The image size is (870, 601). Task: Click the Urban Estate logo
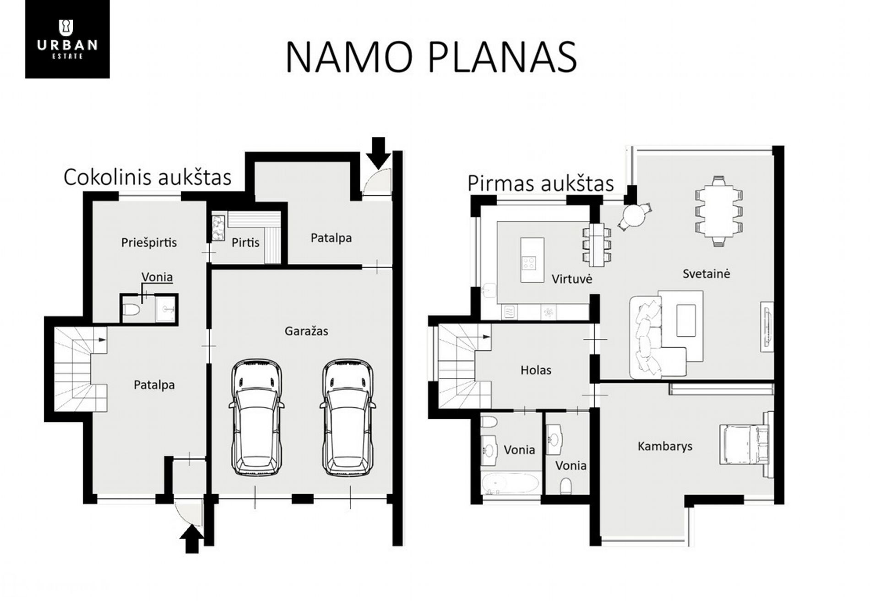[67, 39]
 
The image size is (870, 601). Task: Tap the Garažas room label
[306, 331]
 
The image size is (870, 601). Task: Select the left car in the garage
[256, 417]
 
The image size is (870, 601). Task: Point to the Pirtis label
[245, 242]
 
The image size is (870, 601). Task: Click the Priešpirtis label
[149, 242]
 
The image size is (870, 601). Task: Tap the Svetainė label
[706, 274]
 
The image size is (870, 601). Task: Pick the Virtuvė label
[572, 279]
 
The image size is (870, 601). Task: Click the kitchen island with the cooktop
[532, 260]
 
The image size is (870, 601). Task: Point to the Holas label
[536, 370]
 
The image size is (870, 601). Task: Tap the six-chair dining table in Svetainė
[718, 211]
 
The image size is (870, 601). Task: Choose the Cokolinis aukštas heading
[147, 177]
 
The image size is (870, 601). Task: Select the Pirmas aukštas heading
[540, 183]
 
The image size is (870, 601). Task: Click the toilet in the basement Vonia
[131, 310]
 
